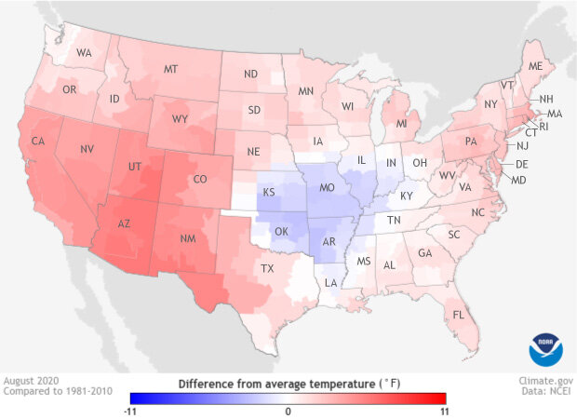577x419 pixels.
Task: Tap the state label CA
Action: pos(40,142)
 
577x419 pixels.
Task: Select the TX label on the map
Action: pos(267,268)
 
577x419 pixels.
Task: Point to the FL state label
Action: pos(458,314)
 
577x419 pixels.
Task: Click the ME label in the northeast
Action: pos(535,67)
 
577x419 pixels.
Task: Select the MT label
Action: pos(170,69)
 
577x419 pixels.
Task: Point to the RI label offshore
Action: pos(545,126)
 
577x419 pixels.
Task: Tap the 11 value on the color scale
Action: pos(443,410)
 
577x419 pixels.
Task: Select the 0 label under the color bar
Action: pos(289,410)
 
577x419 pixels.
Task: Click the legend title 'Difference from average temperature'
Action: pos(289,383)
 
